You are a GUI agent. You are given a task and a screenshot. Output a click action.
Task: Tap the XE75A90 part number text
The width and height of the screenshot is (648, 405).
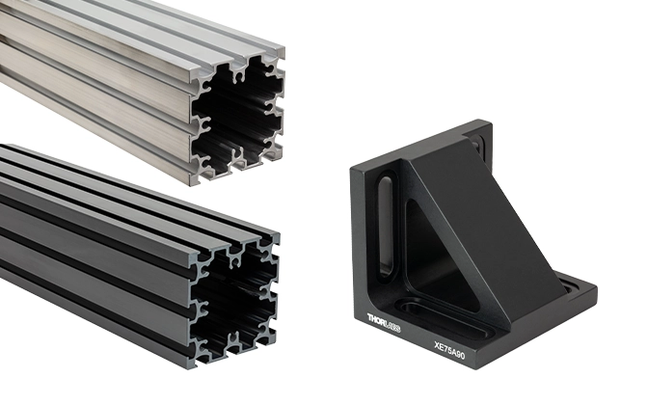pyautogui.click(x=449, y=350)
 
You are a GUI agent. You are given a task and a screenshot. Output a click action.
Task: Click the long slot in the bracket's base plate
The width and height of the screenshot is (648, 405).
pyautogui.click(x=446, y=319)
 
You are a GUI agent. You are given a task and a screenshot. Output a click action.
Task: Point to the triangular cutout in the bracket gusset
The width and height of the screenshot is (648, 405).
pyautogui.click(x=438, y=256)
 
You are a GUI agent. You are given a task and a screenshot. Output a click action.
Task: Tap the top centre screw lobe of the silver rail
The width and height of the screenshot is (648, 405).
pyautogui.click(x=238, y=73)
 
